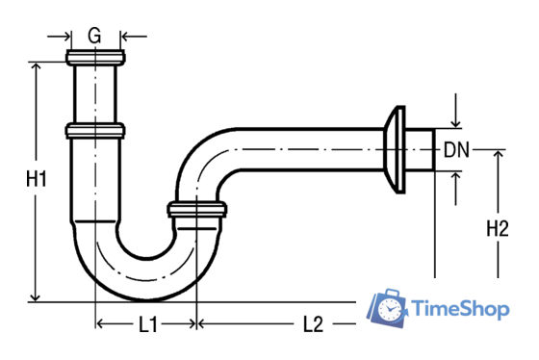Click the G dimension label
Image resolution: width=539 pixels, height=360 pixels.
(94, 36)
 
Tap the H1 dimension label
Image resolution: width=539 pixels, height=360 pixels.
(37, 179)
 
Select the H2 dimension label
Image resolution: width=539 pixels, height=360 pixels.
(498, 228)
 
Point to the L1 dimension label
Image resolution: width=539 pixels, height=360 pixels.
(148, 324)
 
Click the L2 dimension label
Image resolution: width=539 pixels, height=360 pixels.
(314, 324)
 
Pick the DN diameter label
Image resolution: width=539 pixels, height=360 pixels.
(456, 150)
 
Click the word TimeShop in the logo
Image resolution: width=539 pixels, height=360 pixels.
(460, 308)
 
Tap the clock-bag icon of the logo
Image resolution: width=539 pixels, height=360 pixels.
(387, 308)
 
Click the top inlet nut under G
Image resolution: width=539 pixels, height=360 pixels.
(95, 58)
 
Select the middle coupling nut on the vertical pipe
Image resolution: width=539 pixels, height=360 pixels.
(95, 131)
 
